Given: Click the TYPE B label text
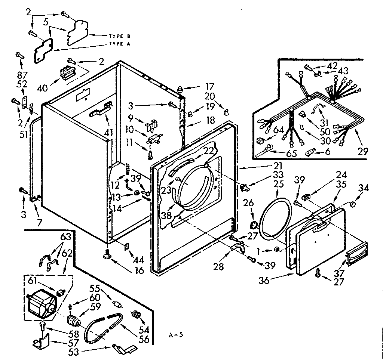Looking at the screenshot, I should [x=119, y=36].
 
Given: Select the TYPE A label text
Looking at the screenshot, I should [x=119, y=44].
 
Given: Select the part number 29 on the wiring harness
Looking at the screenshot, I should [x=362, y=151].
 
